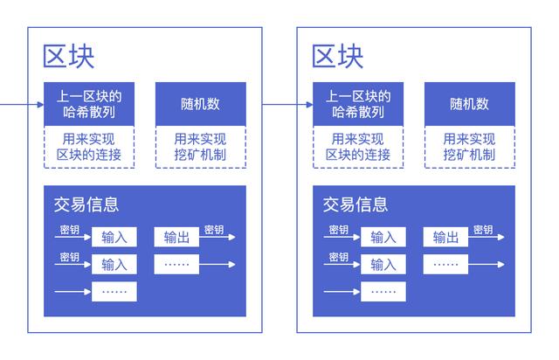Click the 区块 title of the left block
(68, 56)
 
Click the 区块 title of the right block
(337, 56)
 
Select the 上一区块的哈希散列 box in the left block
(89, 104)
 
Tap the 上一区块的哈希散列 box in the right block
(358, 104)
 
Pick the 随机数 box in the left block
(201, 104)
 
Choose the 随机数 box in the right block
(470, 104)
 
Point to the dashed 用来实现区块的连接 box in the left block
(89, 147)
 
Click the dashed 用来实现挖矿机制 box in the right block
(470, 147)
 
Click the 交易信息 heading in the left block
(86, 204)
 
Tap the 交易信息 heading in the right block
(355, 204)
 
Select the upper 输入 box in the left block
(114, 237)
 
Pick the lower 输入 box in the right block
(383, 264)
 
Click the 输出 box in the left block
(176, 237)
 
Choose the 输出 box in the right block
(445, 237)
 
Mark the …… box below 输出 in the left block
(176, 264)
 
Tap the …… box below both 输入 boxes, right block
(383, 291)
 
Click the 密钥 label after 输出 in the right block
(483, 230)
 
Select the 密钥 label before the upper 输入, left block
(70, 230)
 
